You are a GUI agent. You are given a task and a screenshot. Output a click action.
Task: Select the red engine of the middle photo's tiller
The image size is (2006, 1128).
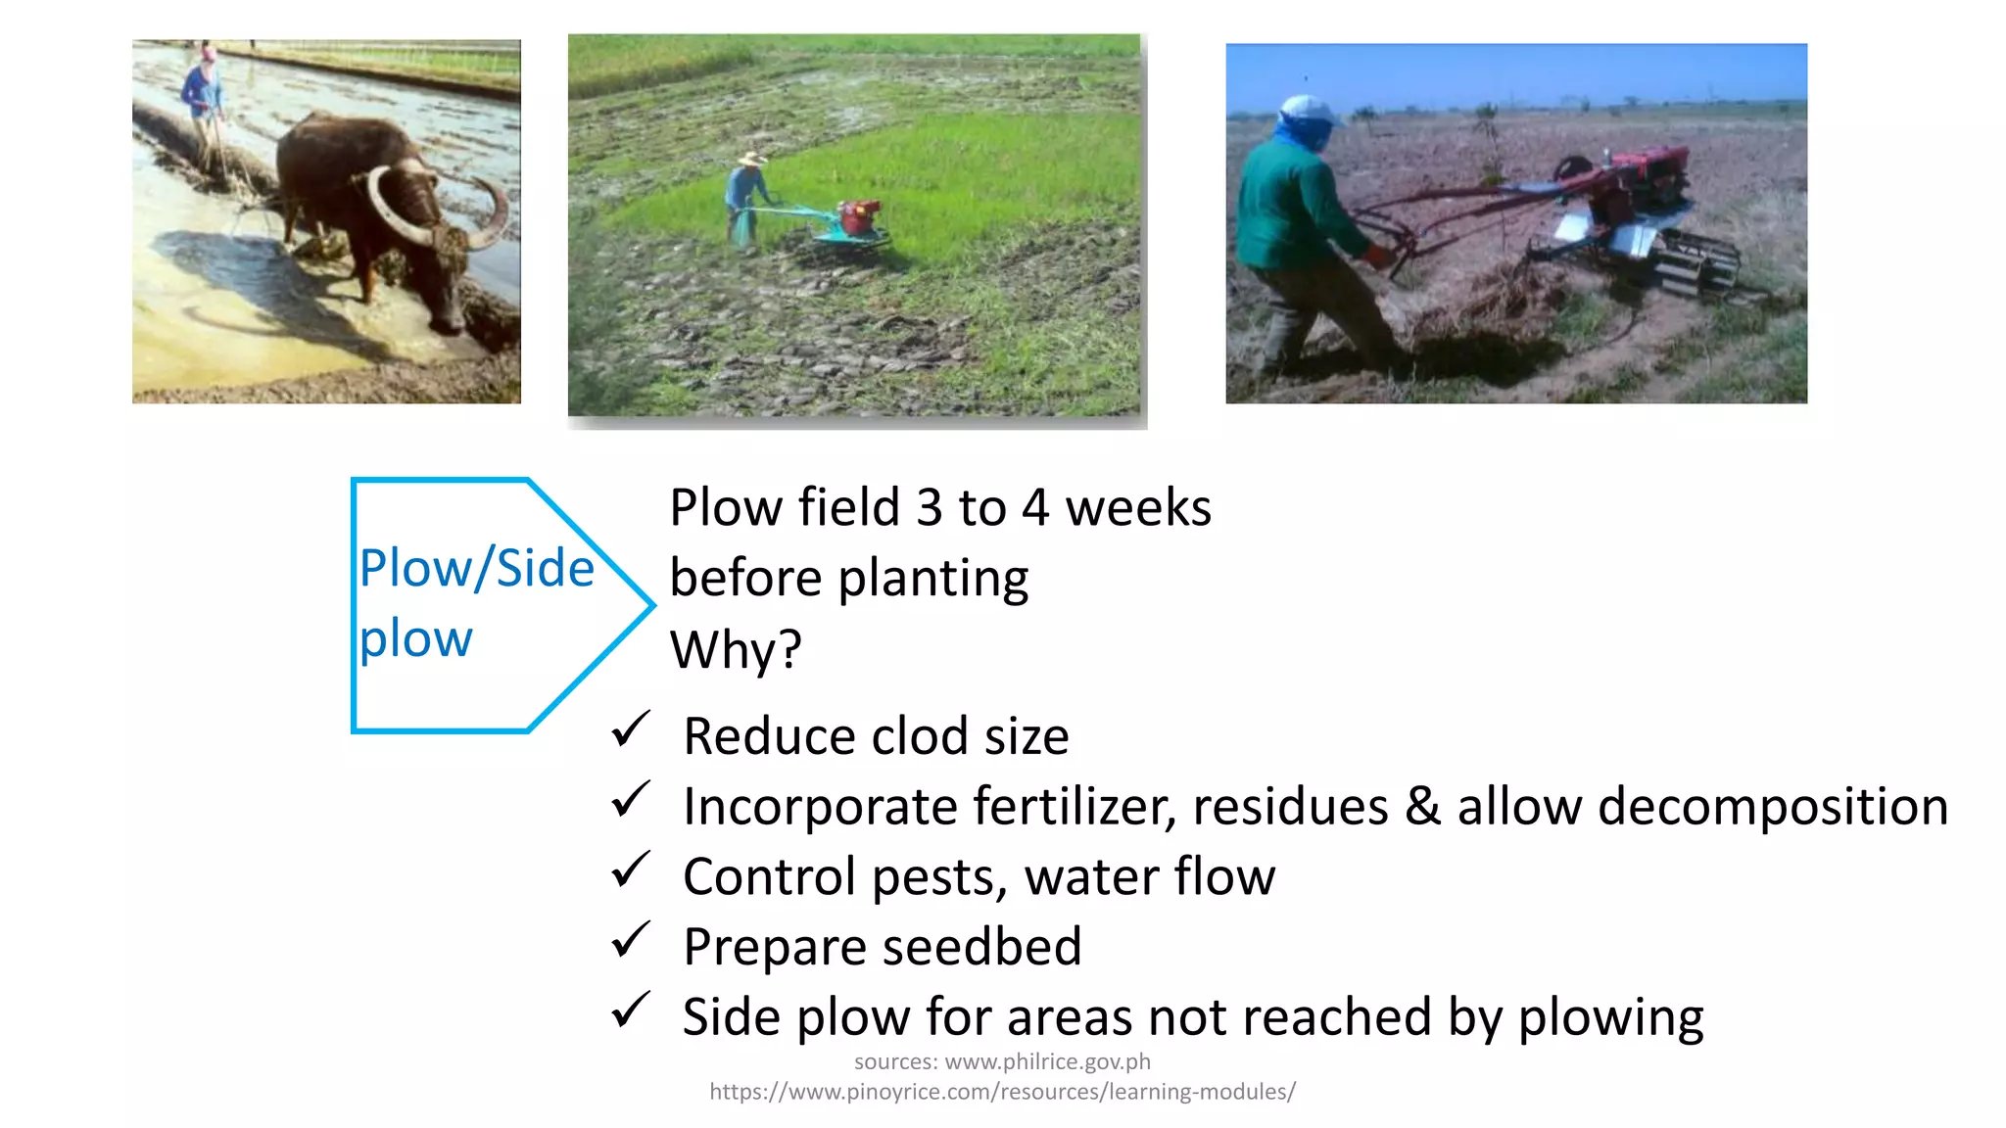[859, 216]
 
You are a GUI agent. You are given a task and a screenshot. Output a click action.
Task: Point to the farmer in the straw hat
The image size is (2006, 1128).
[746, 196]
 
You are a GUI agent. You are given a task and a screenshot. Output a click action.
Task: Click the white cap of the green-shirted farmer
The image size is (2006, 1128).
[1307, 110]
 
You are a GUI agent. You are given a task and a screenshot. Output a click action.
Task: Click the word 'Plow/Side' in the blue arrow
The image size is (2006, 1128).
[477, 568]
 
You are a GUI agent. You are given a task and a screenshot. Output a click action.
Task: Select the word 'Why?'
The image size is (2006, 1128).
[736, 649]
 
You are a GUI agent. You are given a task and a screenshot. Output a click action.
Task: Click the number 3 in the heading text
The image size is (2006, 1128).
[929, 508]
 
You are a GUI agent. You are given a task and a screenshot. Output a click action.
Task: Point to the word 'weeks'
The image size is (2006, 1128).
[1138, 508]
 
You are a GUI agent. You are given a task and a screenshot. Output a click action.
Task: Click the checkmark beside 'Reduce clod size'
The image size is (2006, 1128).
[630, 729]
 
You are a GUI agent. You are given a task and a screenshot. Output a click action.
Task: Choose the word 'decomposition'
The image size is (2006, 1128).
[1772, 807]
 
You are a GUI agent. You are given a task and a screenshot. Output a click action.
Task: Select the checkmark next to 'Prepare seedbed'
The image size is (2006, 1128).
[630, 940]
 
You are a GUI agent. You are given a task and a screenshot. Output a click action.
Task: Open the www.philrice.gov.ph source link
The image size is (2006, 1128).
[1047, 1061]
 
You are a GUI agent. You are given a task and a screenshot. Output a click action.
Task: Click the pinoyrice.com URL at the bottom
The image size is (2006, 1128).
[1002, 1092]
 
